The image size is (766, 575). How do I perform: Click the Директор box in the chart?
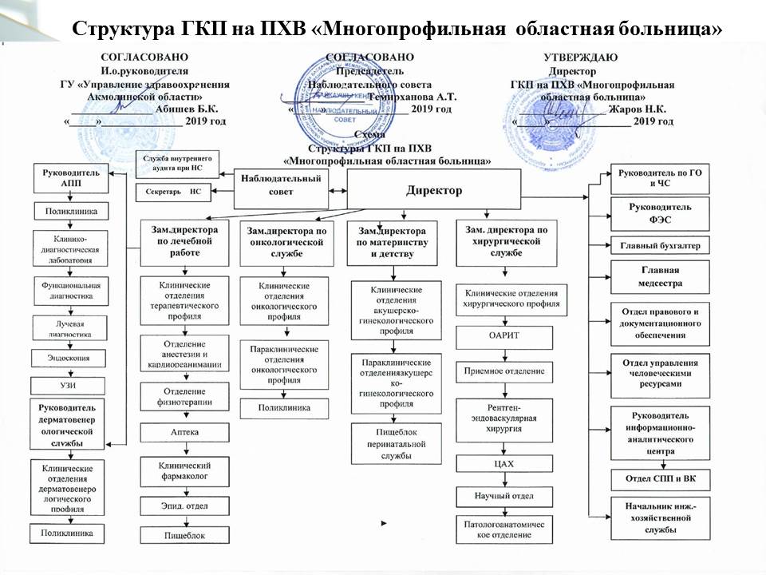coord(433,192)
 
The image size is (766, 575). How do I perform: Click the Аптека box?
coord(185,432)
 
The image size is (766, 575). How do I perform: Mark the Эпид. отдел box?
coord(185,505)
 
